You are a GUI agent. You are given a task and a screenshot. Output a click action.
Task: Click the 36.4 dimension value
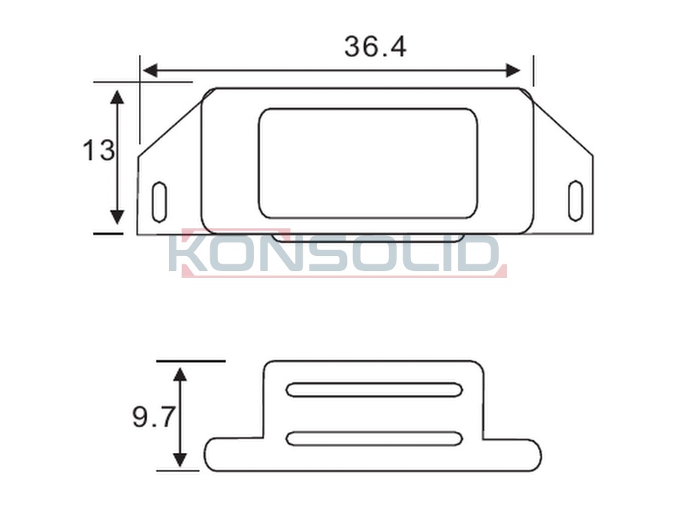(x=375, y=47)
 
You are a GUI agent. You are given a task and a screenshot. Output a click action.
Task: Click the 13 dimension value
(x=98, y=150)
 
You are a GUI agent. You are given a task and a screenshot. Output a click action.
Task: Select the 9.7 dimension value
(x=154, y=417)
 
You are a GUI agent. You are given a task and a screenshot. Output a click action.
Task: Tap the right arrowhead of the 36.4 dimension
(x=514, y=71)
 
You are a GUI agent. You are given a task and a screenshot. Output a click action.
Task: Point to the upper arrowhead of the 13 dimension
(x=117, y=97)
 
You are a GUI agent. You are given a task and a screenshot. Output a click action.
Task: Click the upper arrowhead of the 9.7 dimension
(x=180, y=374)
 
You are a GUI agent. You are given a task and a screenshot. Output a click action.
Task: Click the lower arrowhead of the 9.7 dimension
(x=180, y=460)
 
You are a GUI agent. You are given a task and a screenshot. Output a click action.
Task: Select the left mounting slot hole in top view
(x=159, y=202)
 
